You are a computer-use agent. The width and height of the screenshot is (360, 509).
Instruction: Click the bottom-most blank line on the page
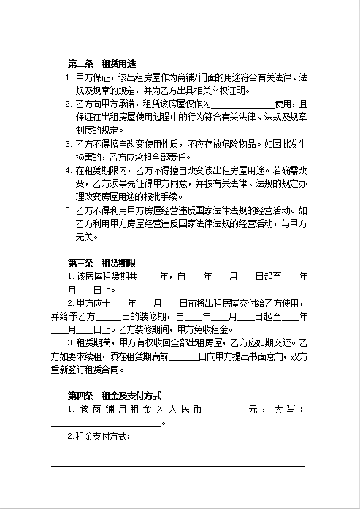(x=177, y=464)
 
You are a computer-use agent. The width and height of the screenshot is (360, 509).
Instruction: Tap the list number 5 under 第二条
(x=69, y=211)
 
